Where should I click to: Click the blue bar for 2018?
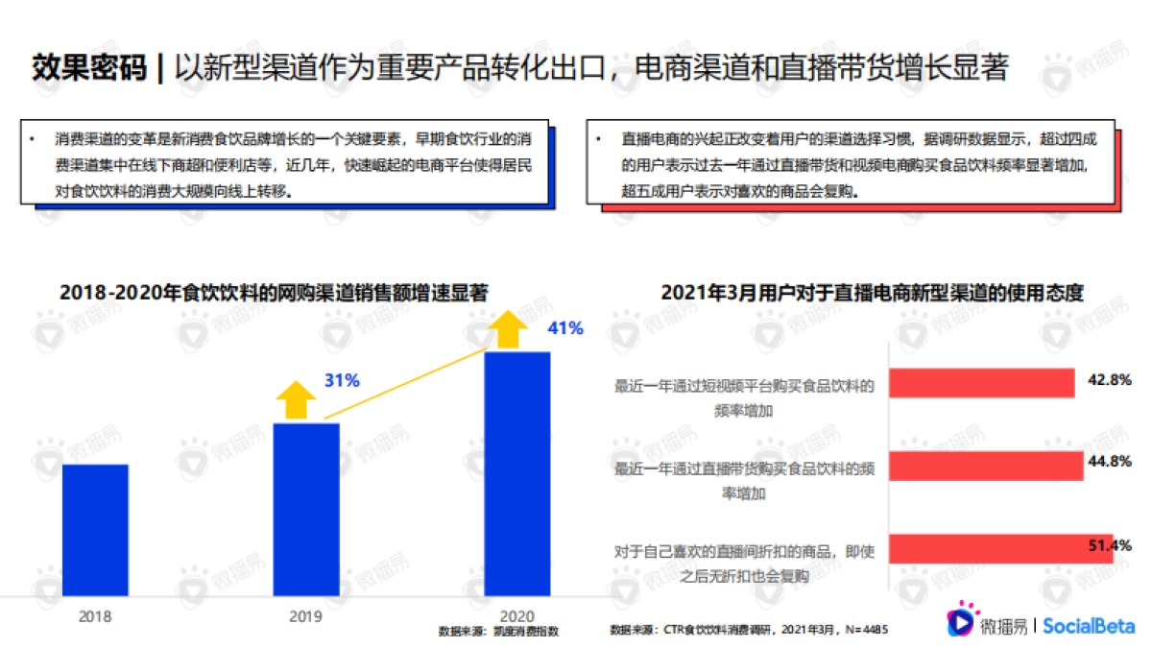(x=95, y=530)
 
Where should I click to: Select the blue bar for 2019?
(x=306, y=509)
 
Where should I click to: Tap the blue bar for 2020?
(x=516, y=473)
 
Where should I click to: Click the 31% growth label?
(x=342, y=381)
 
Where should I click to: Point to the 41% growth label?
(x=564, y=328)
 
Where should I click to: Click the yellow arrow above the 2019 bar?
(x=296, y=399)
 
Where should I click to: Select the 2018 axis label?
(x=94, y=616)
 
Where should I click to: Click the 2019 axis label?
(x=305, y=616)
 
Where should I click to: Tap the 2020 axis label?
(x=516, y=615)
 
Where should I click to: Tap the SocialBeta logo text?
(x=1089, y=626)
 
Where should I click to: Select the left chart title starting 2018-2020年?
(x=274, y=294)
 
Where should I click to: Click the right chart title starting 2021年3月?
(x=872, y=294)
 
